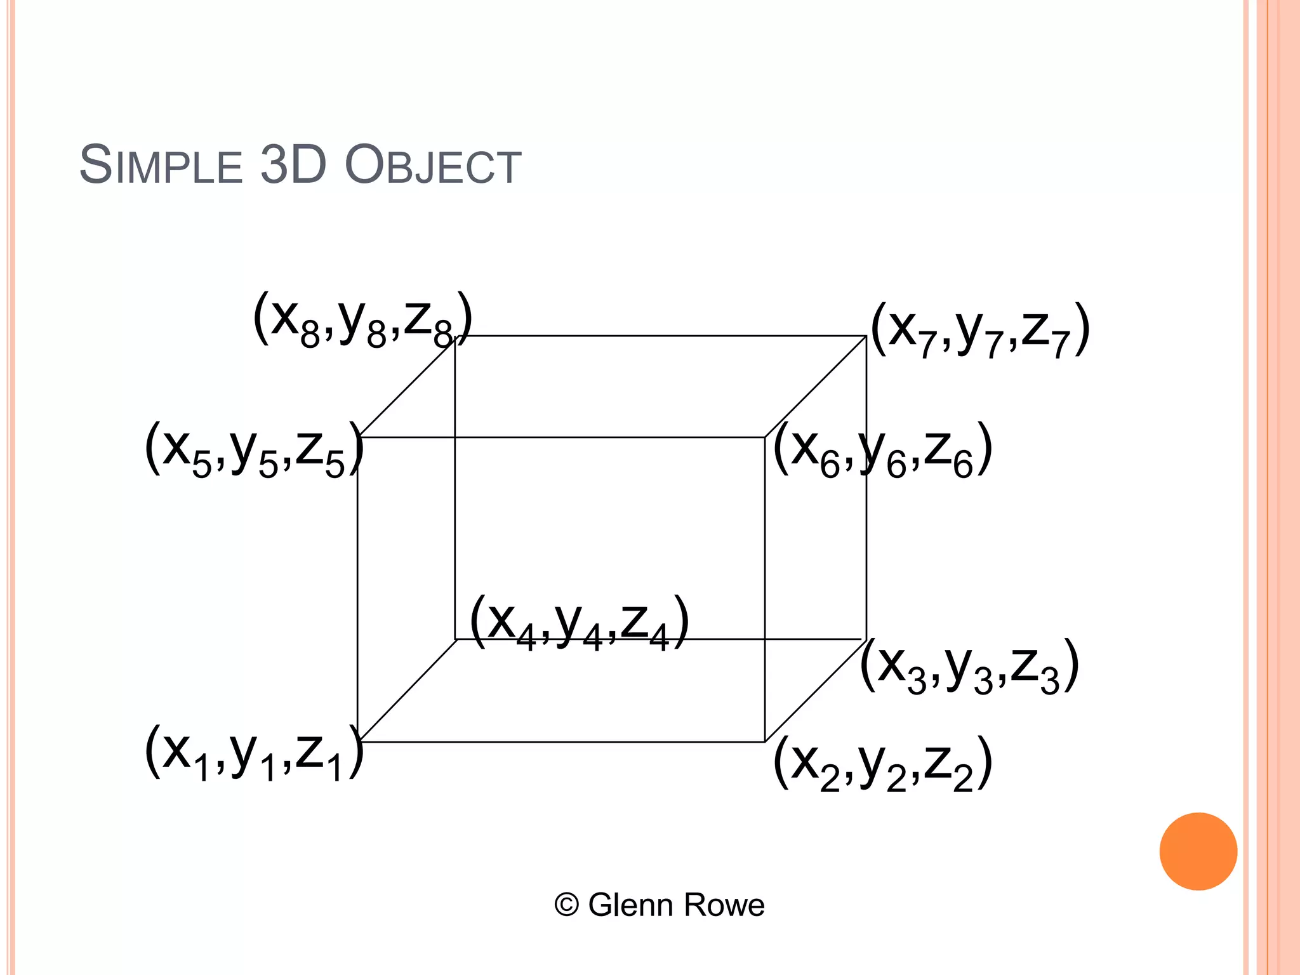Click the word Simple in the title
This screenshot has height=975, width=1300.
(161, 165)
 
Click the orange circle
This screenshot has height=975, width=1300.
(1198, 851)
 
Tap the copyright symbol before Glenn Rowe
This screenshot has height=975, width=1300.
(566, 905)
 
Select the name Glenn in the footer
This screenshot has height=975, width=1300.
(632, 905)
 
